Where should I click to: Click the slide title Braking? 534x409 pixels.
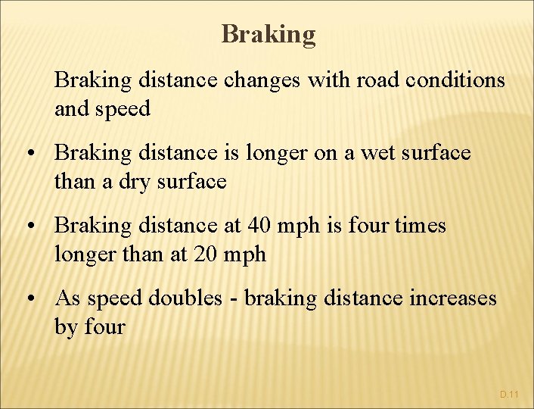[269, 34]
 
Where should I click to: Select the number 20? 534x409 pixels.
[206, 254]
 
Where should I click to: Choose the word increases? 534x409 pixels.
[453, 298]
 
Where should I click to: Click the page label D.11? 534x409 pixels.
[509, 395]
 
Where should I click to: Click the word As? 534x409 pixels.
[67, 298]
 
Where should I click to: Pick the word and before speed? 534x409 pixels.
[71, 109]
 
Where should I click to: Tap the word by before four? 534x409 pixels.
[66, 328]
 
